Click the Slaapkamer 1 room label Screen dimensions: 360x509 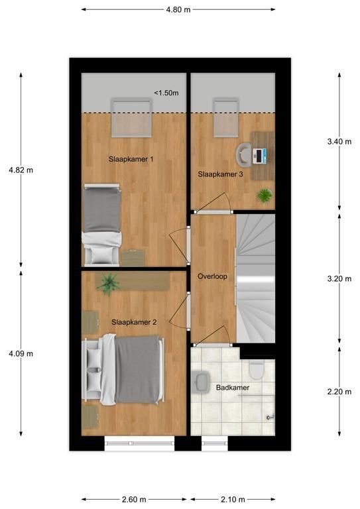131,159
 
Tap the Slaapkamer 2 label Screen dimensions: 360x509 134,322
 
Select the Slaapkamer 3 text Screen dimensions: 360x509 220,174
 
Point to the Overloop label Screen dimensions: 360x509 212,276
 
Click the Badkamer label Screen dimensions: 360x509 233,388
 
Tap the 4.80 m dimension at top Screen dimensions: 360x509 178,10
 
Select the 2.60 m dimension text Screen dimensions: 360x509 134,499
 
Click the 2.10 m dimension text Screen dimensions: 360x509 233,499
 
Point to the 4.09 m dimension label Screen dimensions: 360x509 21,353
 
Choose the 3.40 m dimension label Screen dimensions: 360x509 339,142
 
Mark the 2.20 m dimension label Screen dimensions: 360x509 339,392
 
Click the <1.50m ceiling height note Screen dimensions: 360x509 166,93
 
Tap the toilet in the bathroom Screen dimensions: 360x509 256,370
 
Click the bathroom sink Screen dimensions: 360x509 202,382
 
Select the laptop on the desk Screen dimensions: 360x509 259,156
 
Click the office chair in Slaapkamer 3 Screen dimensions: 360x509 243,155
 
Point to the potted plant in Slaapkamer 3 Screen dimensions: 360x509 265,196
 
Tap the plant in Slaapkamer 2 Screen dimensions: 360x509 109,284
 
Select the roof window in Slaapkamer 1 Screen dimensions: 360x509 131,117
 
